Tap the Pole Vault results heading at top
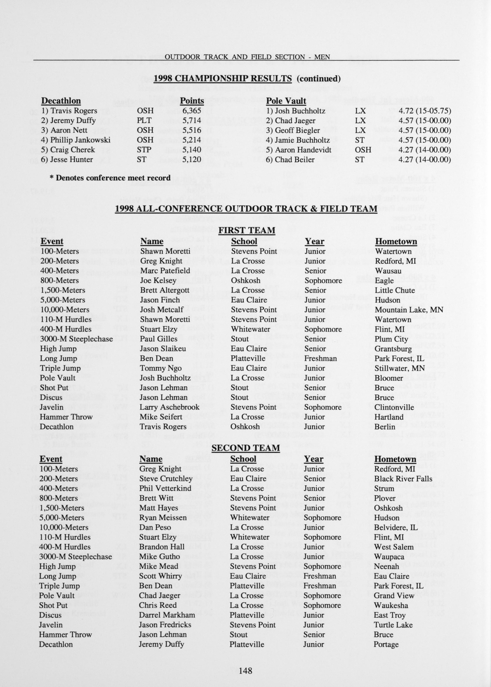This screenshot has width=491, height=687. click(x=286, y=101)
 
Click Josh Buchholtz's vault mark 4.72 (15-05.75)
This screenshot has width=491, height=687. click(x=425, y=111)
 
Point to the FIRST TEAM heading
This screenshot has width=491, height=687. click(x=247, y=231)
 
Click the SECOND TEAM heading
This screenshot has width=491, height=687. click(x=245, y=448)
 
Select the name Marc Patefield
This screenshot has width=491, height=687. click(x=165, y=271)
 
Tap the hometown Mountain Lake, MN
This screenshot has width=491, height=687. click(x=409, y=310)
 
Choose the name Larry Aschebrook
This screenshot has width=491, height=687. click(x=169, y=407)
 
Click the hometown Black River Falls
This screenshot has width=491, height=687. click(x=403, y=479)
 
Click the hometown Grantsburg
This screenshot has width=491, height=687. click(x=393, y=349)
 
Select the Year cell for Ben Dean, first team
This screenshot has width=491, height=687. click(x=320, y=359)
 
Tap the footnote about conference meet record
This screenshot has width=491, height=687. click(x=110, y=178)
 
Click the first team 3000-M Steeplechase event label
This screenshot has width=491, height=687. click(x=76, y=339)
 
